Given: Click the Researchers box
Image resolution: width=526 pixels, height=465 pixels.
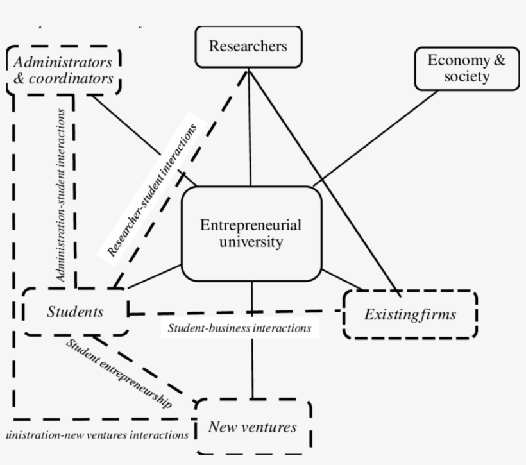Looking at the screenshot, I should pos(248,47).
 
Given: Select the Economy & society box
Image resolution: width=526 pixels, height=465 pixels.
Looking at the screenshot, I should pos(466,69).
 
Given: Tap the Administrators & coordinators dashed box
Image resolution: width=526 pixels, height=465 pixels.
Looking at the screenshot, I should pos(64,71).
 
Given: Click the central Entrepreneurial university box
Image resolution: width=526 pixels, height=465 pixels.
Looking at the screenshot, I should pos(251,234).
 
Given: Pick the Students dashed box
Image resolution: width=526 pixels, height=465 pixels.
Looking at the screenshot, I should pos(75,312).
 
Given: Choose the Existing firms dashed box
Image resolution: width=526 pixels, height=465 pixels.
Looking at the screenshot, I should pos(410,314).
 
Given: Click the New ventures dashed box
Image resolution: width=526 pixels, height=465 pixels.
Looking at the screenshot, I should pos(253,427).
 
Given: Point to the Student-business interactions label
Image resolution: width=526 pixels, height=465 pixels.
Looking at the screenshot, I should pos(239,328).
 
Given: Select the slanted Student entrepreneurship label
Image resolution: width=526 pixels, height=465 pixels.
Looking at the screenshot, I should pos(119,373).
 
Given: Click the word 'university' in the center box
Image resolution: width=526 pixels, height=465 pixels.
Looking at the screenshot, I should pos(251,242).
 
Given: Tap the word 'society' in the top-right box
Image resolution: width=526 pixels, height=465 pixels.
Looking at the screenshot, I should pos(466,77).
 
